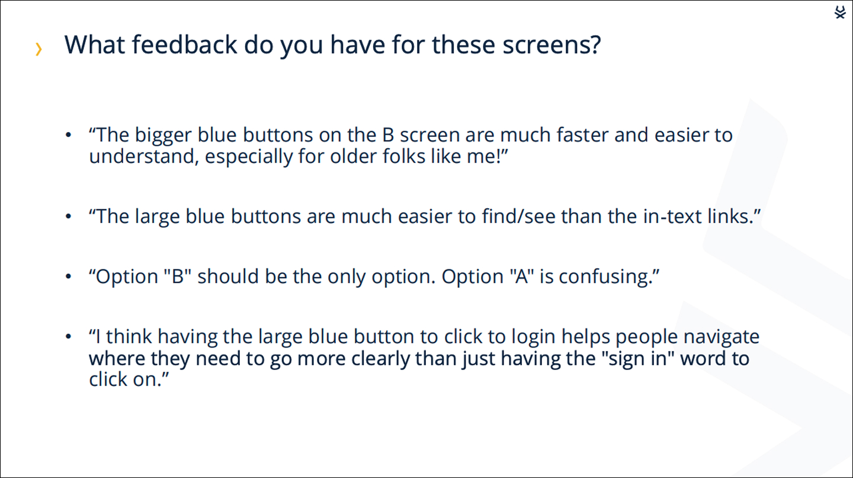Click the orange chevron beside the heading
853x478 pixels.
coord(39,49)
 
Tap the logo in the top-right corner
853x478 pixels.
coord(840,12)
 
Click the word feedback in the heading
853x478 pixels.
coord(184,44)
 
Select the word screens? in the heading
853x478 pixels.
coord(552,45)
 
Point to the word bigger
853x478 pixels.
coord(163,136)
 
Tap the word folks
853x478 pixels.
coord(403,156)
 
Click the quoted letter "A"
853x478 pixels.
coord(522,276)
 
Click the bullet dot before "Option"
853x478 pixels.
coord(68,276)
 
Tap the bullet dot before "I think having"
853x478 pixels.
coord(68,337)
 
